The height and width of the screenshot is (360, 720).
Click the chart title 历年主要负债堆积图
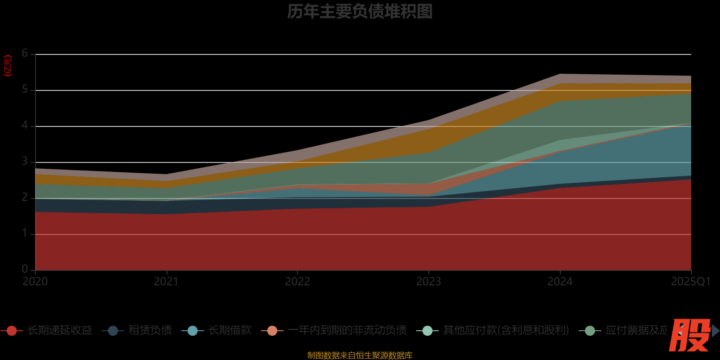pos(360,12)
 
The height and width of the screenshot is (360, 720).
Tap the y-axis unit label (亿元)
pos(8,66)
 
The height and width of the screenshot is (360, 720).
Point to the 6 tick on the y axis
pos(25,54)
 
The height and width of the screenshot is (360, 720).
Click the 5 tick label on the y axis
pos(25,90)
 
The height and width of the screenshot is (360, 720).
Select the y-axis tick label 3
pos(25,162)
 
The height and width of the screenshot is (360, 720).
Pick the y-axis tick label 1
pos(25,234)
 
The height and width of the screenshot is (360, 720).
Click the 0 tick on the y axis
pos(25,269)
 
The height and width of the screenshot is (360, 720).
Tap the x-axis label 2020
pos(35,282)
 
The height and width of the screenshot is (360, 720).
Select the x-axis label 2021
pos(166,282)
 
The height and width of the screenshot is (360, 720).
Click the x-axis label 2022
pos(297,282)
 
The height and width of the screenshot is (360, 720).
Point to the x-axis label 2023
pos(428,282)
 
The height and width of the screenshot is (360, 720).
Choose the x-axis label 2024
pos(560,282)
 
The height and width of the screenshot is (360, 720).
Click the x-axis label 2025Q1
pos(690,282)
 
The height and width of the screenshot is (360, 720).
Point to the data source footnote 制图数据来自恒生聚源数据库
pos(360,355)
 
